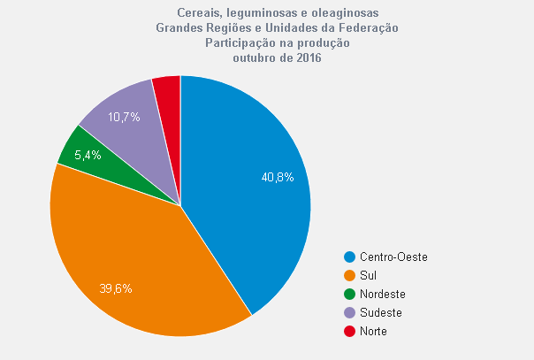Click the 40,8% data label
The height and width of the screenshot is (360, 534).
(x=277, y=177)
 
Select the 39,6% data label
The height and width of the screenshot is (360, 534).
(x=116, y=288)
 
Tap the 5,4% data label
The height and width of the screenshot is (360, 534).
(x=88, y=155)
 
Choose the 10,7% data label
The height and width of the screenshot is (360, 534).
(x=124, y=117)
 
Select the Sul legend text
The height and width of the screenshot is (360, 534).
(x=368, y=275)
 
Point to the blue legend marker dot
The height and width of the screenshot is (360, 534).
(x=350, y=257)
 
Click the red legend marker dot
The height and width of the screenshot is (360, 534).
(x=350, y=331)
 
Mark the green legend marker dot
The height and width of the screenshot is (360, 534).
(x=350, y=294)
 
